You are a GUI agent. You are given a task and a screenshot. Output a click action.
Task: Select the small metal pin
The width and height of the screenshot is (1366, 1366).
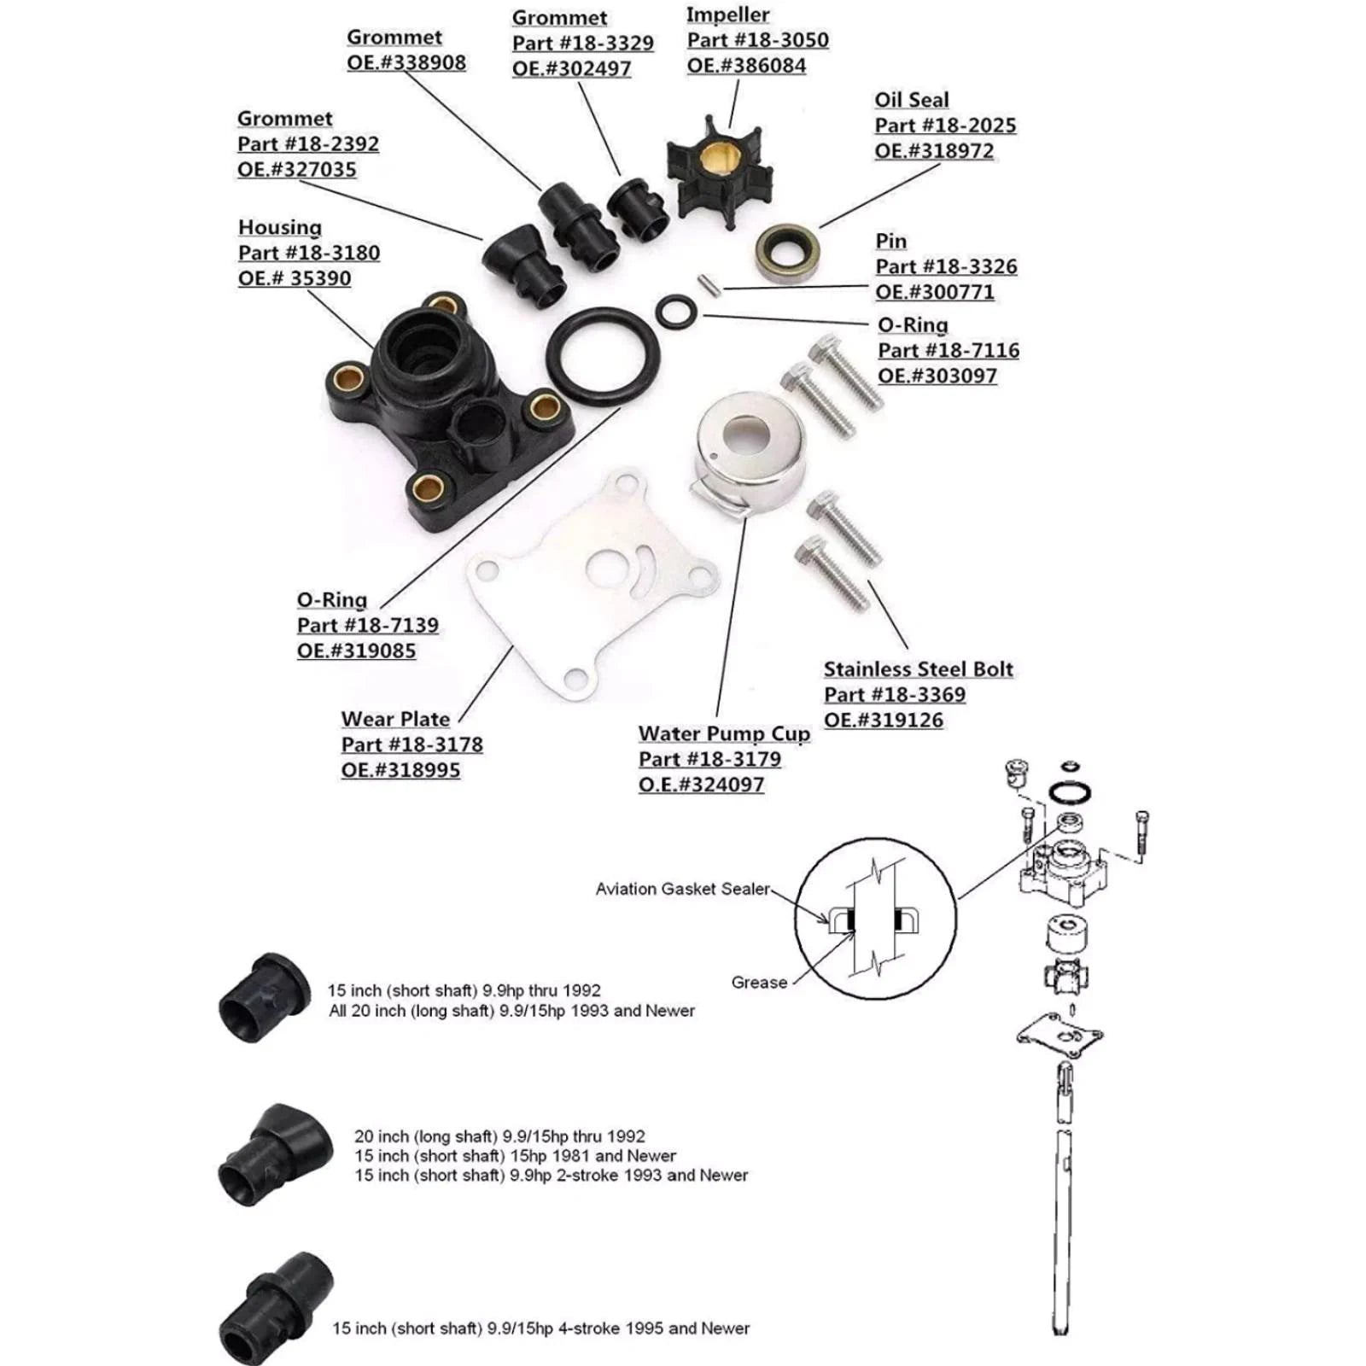[709, 284]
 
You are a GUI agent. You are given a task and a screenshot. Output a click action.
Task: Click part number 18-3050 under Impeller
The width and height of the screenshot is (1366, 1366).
[757, 40]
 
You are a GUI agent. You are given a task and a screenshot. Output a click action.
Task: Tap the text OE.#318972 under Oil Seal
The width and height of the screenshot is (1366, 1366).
[934, 151]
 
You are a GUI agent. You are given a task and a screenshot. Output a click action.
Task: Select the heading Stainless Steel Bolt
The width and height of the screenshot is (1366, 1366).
[918, 668]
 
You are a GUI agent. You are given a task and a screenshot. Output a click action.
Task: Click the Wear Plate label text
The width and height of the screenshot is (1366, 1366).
[395, 719]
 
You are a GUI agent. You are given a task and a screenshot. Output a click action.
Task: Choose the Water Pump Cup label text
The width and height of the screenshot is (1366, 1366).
[724, 734]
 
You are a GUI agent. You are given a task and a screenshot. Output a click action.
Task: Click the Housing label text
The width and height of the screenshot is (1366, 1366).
[280, 228]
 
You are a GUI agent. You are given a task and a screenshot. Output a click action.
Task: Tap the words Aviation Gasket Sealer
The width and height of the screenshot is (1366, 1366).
[682, 889]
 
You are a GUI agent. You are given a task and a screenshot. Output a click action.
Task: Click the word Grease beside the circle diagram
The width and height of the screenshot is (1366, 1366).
[759, 983]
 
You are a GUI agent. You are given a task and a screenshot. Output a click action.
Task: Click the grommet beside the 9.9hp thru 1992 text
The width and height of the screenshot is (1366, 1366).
[265, 996]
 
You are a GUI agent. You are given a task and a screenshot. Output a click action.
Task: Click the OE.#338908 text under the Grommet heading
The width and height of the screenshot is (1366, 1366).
[406, 63]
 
